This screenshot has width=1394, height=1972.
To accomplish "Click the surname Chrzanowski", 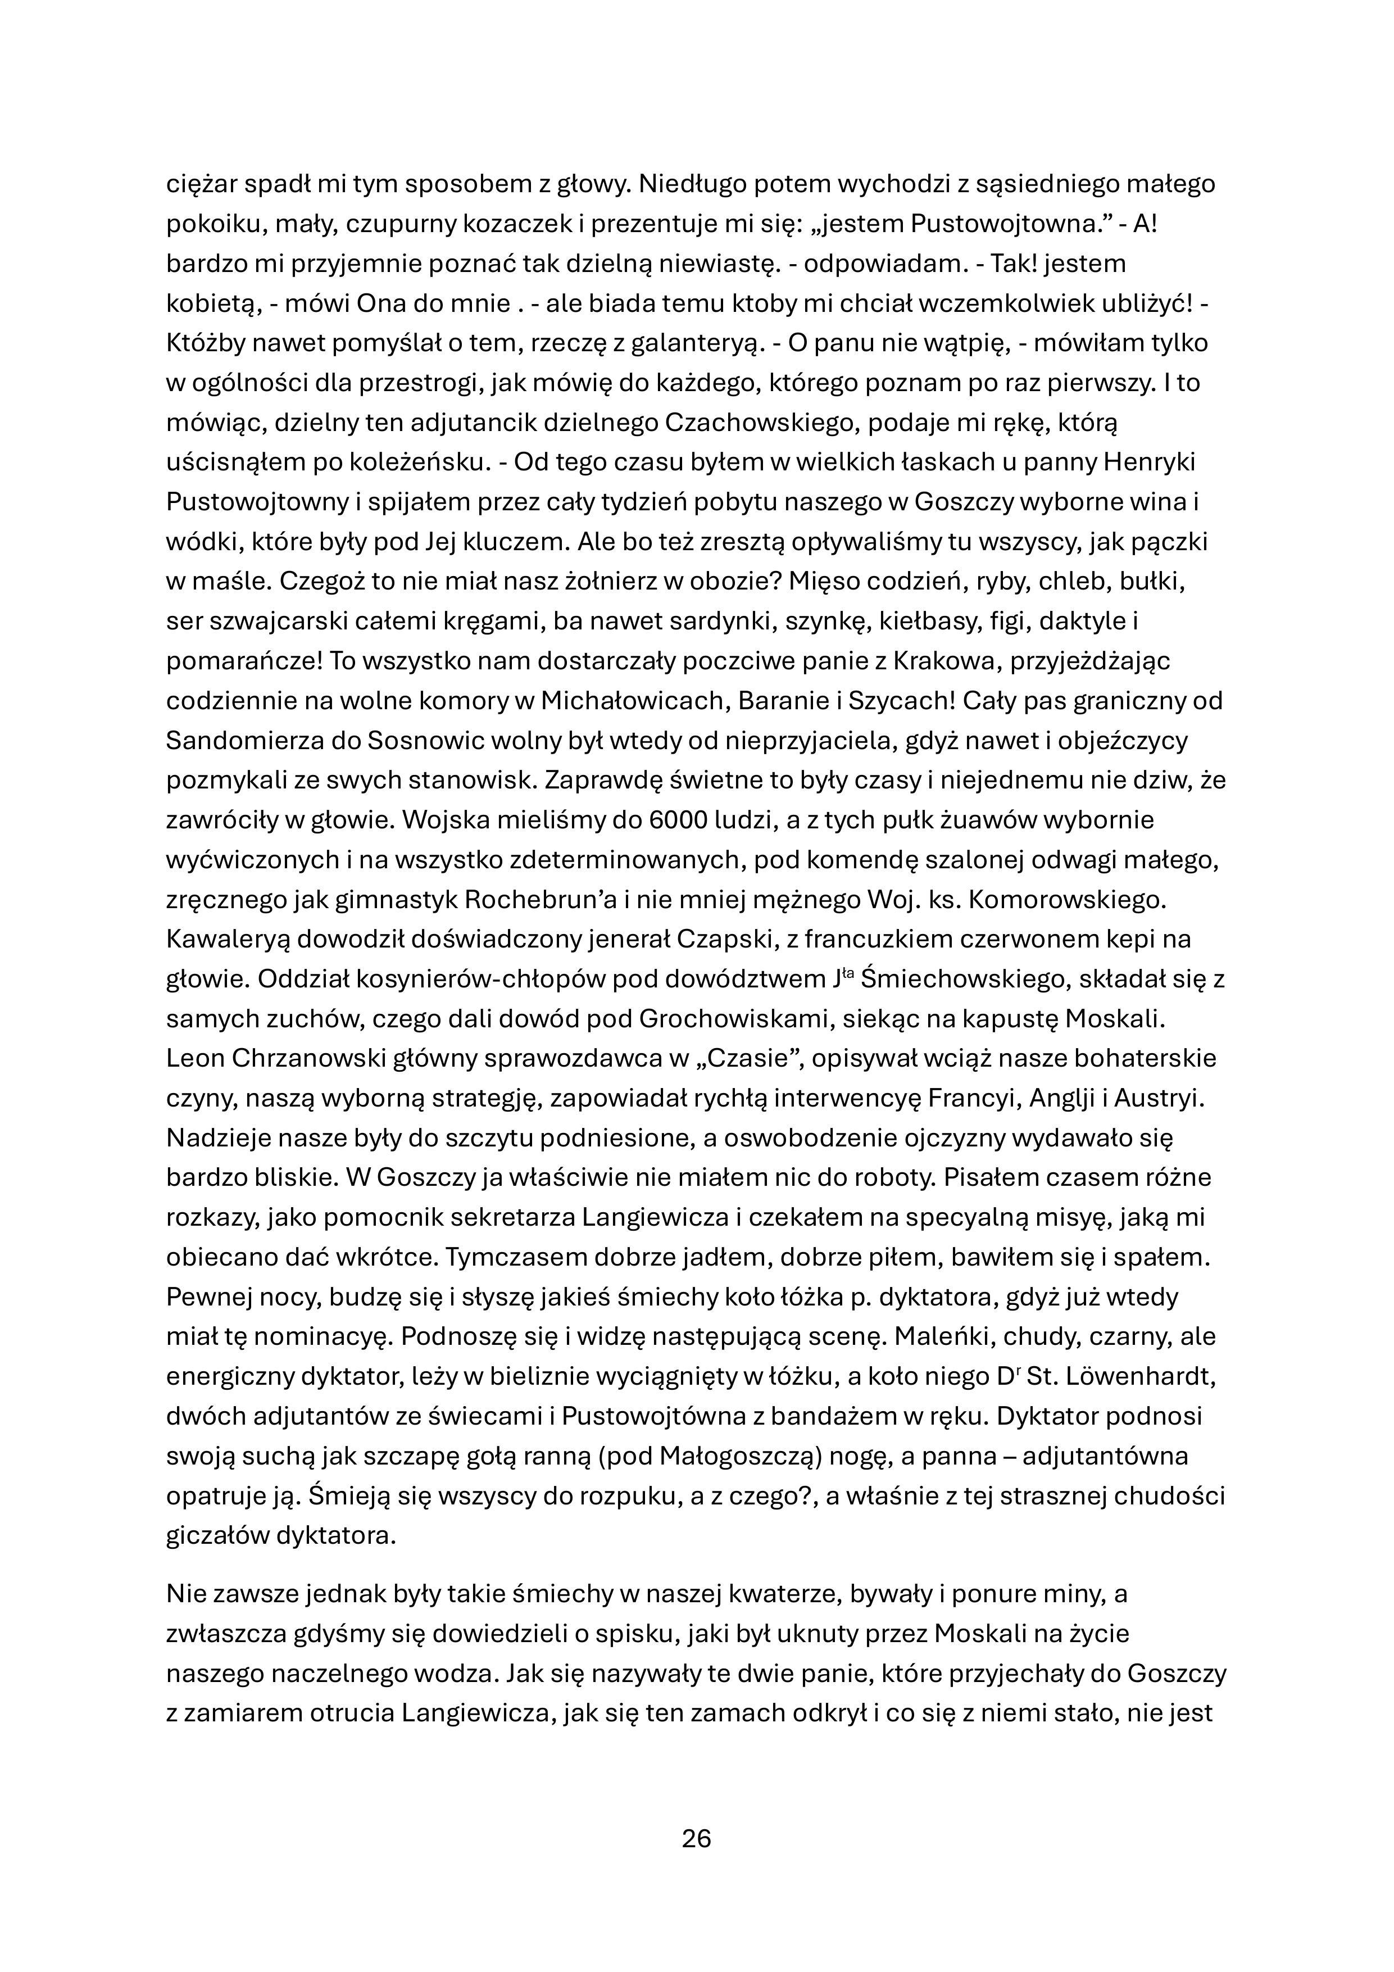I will tap(309, 1058).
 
